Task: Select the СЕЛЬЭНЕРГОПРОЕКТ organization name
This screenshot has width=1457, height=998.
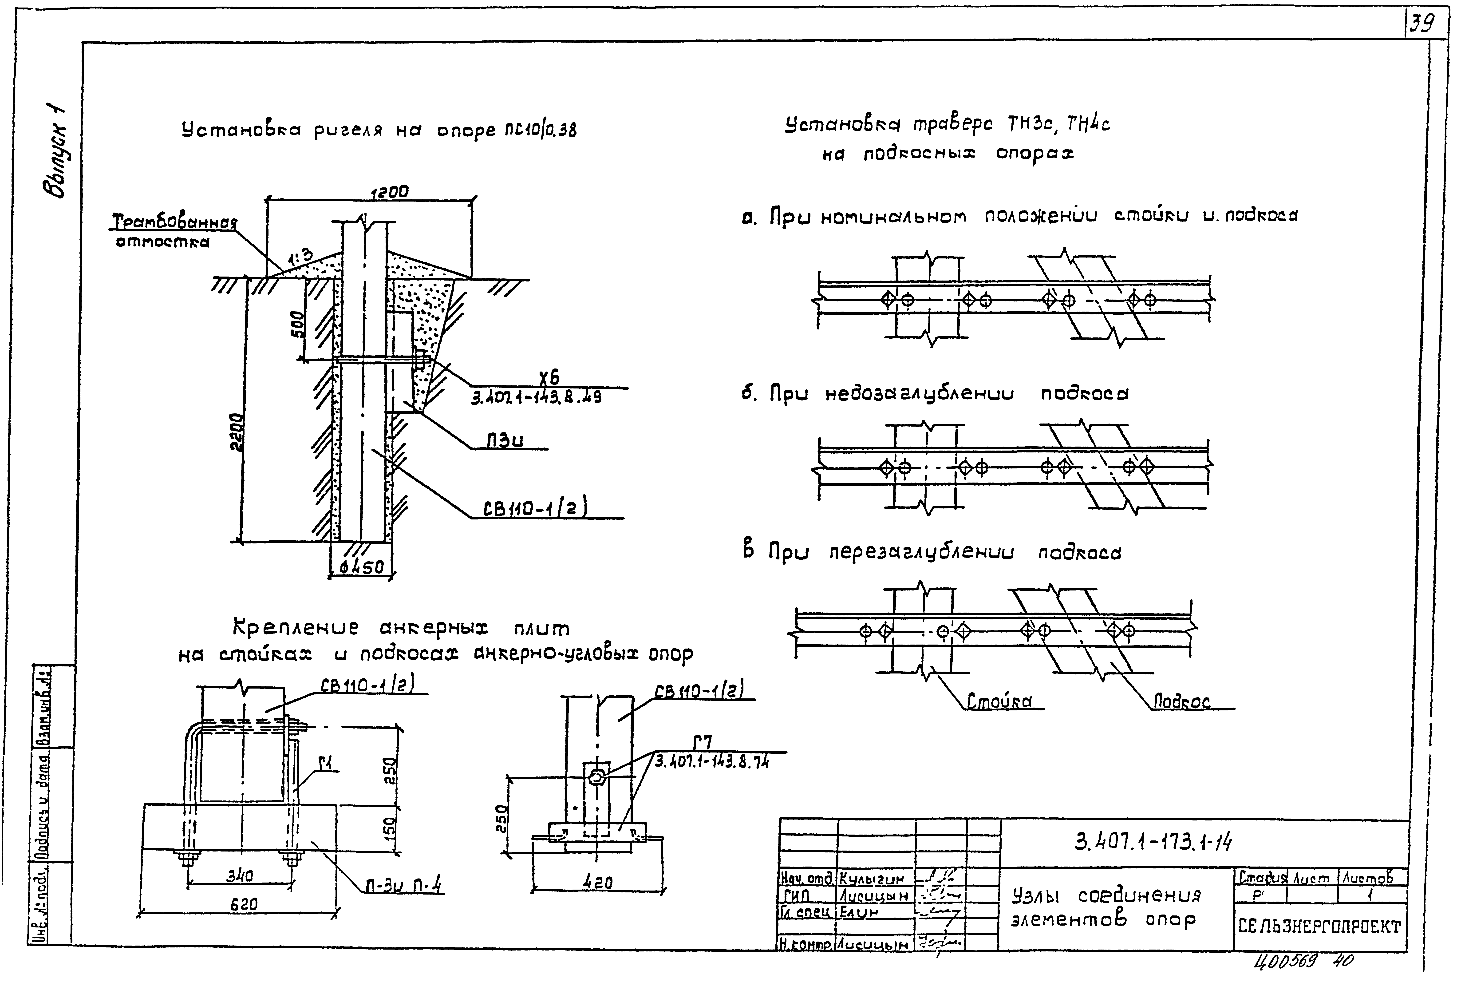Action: [x=1319, y=926]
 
